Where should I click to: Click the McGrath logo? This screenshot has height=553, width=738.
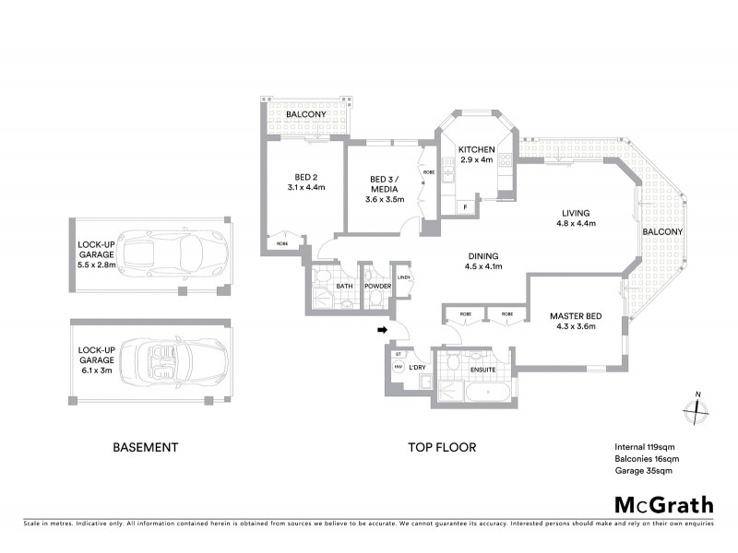pyautogui.click(x=664, y=504)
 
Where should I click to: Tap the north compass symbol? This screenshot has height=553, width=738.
pyautogui.click(x=694, y=411)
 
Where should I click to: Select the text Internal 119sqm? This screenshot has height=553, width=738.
pyautogui.click(x=645, y=446)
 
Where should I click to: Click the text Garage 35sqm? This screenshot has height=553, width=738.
pyautogui.click(x=643, y=471)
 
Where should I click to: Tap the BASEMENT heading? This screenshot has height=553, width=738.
pyautogui.click(x=145, y=447)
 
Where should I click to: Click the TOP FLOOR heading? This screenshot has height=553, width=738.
pyautogui.click(x=442, y=447)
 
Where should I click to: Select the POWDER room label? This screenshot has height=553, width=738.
pyautogui.click(x=378, y=287)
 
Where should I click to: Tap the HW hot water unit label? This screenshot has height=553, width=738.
pyautogui.click(x=399, y=366)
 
